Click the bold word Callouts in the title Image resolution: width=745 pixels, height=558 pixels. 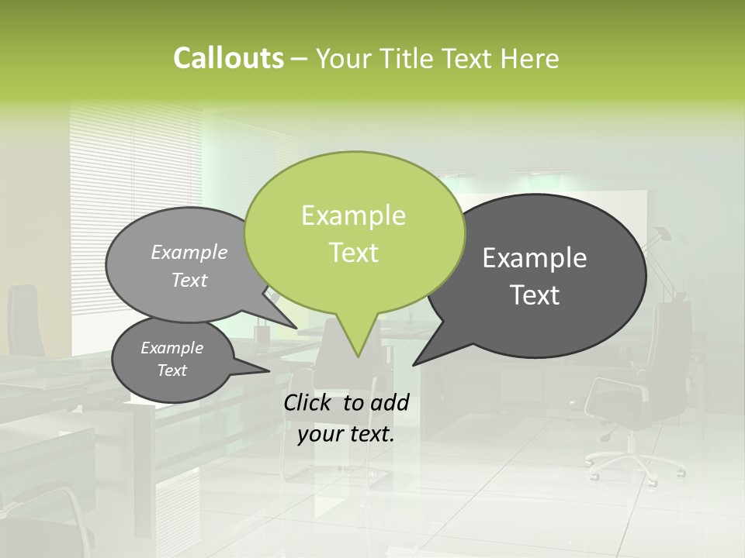pos(228,59)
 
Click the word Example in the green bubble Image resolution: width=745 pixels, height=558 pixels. pos(353,215)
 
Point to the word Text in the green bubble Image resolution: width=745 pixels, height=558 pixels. pos(353,253)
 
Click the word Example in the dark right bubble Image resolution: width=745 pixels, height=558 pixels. pos(535,258)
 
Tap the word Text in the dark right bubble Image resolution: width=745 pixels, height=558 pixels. pos(535,295)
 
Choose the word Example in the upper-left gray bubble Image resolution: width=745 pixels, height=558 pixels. pos(189,253)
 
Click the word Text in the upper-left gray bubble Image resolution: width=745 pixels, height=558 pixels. pos(189,281)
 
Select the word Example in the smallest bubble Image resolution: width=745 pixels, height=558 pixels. pos(172,348)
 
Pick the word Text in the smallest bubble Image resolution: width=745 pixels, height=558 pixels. pos(172,370)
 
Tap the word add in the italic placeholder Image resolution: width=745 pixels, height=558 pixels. pos(390,402)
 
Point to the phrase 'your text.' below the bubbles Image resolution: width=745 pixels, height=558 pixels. pos(346,434)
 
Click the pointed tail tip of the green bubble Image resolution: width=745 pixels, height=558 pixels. pos(358,356)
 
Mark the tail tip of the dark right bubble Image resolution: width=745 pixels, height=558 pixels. pos(414,363)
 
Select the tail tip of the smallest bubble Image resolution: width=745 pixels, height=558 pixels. pos(269,371)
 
